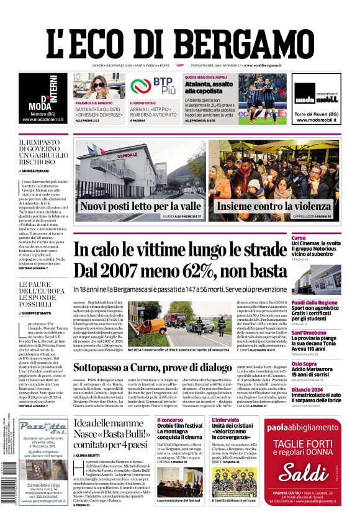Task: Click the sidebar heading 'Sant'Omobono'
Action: click(x=323, y=333)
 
